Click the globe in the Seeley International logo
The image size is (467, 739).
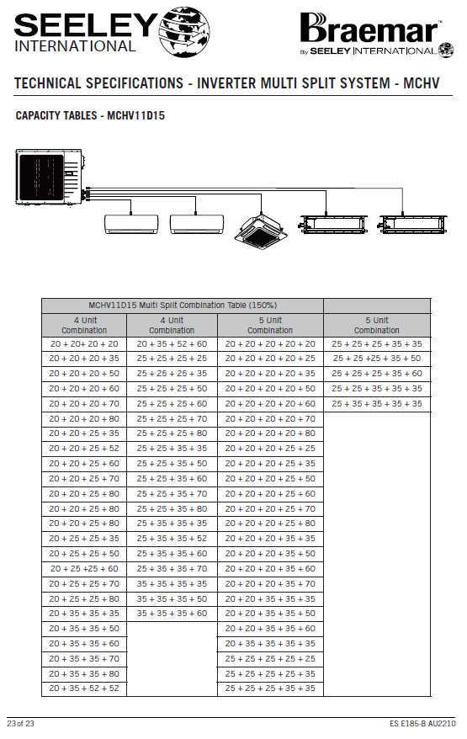point(184,32)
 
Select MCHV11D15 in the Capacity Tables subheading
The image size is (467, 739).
point(135,115)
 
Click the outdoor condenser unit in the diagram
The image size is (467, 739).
point(49,178)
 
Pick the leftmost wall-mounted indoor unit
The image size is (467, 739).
point(131,225)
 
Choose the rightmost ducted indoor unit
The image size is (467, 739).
point(413,224)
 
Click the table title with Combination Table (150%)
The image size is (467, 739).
point(183,306)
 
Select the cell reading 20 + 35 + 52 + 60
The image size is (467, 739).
point(172,344)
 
